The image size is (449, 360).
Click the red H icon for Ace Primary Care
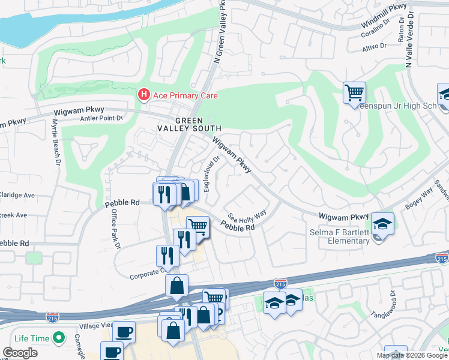[x=144, y=95]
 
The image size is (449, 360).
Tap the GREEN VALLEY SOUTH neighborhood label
[x=190, y=124]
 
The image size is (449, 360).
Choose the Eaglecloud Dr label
[x=213, y=171]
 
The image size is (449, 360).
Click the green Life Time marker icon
[x=59, y=338]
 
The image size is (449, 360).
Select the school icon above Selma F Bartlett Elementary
[x=382, y=223]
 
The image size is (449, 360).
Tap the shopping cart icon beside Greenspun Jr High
[x=354, y=93]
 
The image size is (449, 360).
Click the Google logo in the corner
[x=20, y=352]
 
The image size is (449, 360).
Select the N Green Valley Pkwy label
[x=220, y=36]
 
